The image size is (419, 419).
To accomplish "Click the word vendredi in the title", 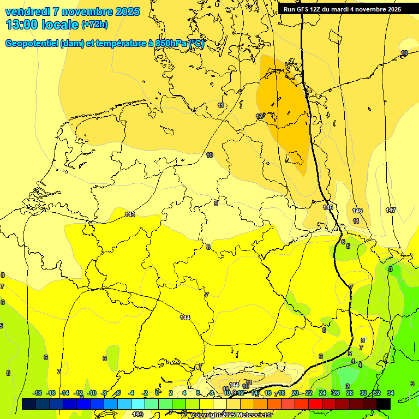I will [27, 11].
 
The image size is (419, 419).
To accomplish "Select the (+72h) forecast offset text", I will [94, 25].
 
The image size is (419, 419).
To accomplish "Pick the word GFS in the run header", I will [302, 9].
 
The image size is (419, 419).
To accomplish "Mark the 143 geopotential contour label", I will [130, 214].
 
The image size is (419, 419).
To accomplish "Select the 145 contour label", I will [328, 208].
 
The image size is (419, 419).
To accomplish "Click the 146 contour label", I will [357, 211].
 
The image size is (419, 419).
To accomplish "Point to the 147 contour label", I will [391, 210].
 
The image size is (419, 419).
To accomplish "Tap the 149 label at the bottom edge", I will [138, 415].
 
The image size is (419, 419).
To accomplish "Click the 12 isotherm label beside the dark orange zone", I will [260, 116].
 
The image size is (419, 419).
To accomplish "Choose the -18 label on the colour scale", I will [38, 393].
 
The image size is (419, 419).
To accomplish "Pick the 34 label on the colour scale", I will [391, 393].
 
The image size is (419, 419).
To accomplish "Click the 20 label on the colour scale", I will [295, 393].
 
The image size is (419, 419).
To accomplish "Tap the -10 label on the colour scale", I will [92, 393].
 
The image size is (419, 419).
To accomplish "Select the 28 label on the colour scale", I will [350, 393].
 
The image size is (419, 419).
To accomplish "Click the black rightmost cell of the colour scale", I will [384, 404].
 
